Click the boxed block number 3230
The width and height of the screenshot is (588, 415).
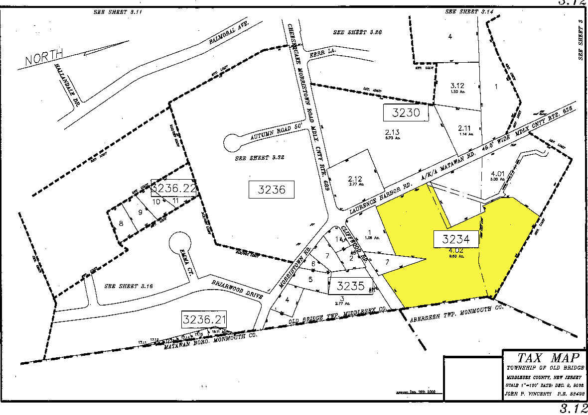coord(406,112)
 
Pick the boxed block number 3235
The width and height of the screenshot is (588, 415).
coord(351,286)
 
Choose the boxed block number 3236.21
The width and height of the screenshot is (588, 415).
coord(205,318)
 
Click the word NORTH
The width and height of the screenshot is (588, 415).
coord(45,59)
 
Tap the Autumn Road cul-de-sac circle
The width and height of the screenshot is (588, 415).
coord(233,143)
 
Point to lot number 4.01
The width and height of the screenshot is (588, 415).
coord(497,174)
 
